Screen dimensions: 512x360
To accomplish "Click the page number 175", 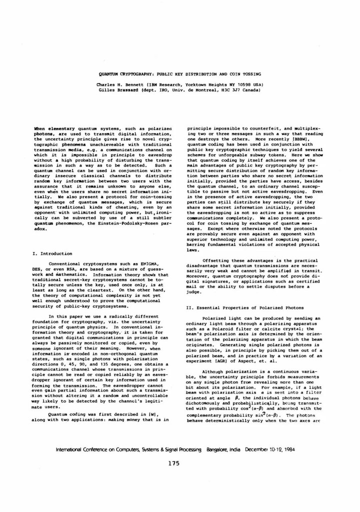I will pyautogui.click(x=179, y=463).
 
